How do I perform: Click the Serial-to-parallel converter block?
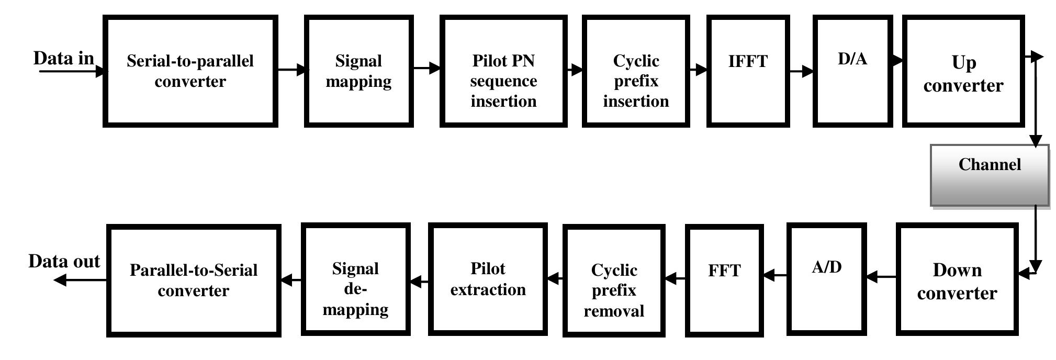click(190, 71)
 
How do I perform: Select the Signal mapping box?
click(359, 71)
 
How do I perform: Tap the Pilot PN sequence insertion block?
click(503, 71)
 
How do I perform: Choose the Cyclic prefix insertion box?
click(636, 71)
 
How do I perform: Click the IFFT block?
click(748, 71)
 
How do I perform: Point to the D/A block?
click(852, 71)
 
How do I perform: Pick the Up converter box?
click(963, 71)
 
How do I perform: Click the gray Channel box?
click(990, 175)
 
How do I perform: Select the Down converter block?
click(957, 279)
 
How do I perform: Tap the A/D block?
click(827, 278)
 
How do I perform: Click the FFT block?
click(724, 279)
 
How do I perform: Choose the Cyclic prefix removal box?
click(614, 280)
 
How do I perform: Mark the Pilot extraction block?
click(488, 279)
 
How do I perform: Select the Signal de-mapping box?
click(356, 279)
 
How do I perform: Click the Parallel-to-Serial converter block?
click(194, 280)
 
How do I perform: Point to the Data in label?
click(64, 58)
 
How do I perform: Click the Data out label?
click(64, 261)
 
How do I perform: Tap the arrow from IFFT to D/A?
click(801, 71)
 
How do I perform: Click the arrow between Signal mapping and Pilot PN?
click(426, 67)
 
